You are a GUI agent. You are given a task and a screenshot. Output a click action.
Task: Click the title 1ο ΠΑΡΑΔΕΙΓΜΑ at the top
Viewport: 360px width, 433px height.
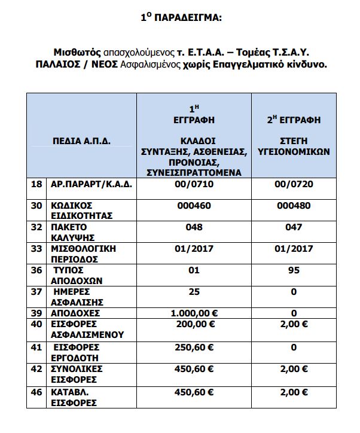coord(180,18)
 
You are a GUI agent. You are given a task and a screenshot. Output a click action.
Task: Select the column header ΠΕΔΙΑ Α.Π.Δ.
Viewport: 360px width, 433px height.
coord(81,141)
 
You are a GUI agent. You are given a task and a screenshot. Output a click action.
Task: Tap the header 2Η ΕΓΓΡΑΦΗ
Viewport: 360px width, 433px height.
coord(294,120)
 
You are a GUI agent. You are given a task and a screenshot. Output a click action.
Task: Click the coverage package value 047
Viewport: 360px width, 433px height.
coord(294,227)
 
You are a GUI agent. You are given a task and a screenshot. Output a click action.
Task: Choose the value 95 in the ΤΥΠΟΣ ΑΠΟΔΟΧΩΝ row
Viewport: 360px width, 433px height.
coord(294,270)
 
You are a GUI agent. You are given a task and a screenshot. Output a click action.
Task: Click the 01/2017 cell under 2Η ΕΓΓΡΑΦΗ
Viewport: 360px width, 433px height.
coord(294,248)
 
